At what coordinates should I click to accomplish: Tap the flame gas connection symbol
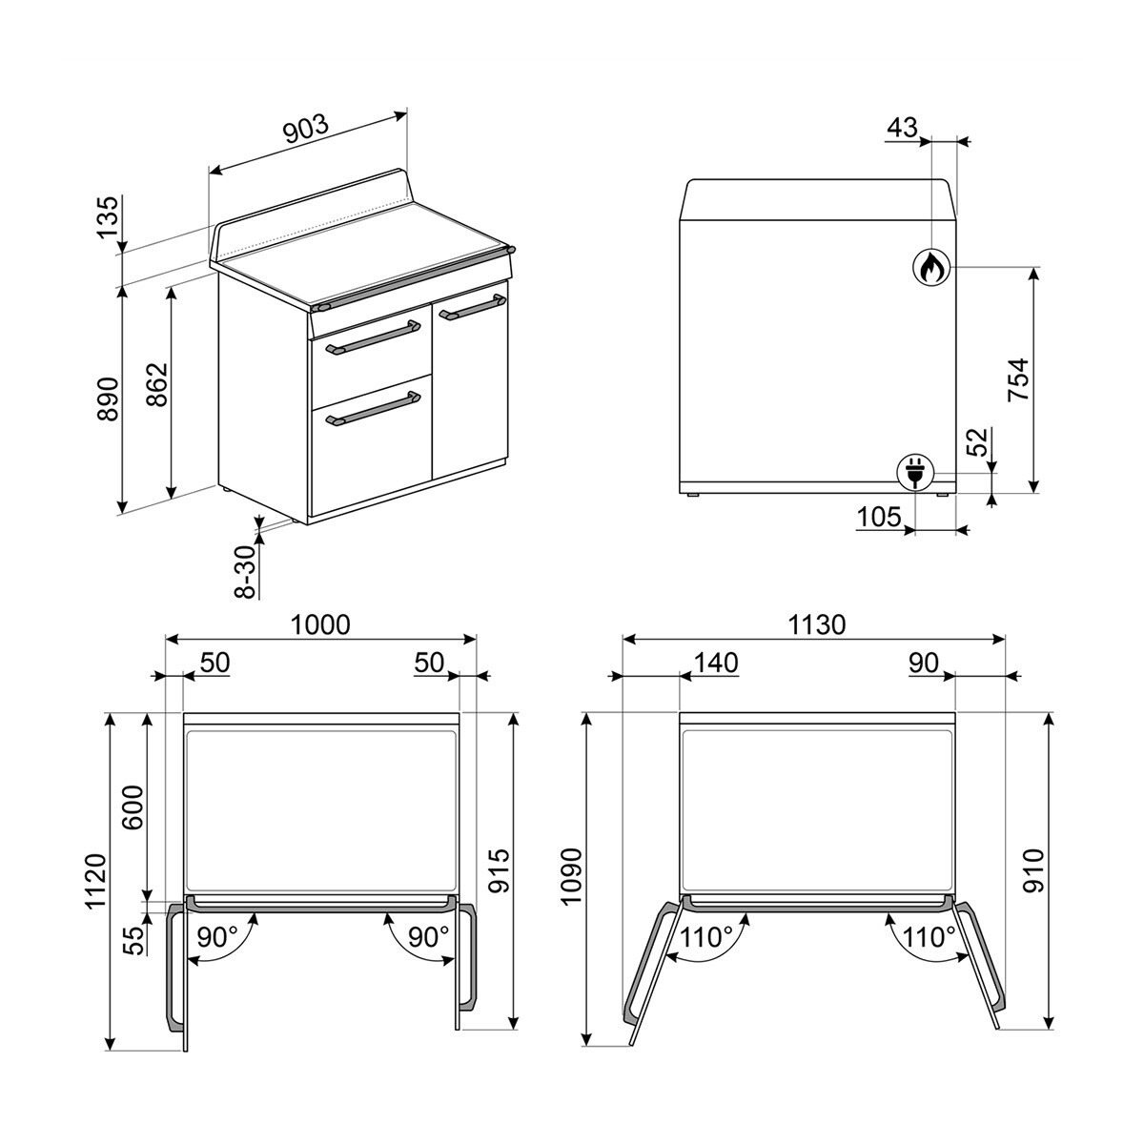coord(929,268)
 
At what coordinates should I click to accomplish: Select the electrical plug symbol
coord(914,472)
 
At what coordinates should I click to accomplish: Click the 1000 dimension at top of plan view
coord(320,624)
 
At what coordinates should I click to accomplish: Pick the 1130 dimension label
coord(816,624)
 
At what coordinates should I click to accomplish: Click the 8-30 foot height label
coord(246,571)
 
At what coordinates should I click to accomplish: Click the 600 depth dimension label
coord(133,808)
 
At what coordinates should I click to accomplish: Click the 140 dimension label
coord(716,663)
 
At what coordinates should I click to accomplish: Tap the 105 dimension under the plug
coord(878,517)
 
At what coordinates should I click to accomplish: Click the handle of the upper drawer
coord(373,338)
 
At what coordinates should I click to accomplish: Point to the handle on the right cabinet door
coord(471,307)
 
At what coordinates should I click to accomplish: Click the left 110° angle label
coord(706,937)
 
